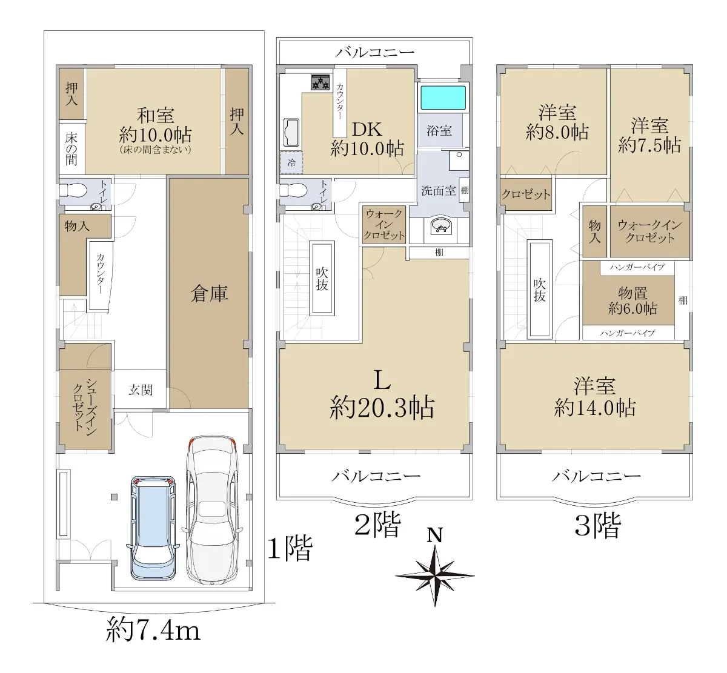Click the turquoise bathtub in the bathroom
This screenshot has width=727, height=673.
coord(443,98)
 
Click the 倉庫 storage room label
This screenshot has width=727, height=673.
coord(210,294)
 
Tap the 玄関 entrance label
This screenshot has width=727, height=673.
coord(141,390)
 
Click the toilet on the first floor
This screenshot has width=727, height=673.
coord(73,190)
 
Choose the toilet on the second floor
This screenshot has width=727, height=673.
coord(293,190)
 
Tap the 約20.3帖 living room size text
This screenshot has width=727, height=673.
coord(382,408)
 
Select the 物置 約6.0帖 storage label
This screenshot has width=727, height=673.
coord(632,300)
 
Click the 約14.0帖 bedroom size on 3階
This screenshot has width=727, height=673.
coord(595,408)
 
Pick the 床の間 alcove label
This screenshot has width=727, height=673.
coord(71,149)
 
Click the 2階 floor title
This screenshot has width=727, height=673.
coord(377,525)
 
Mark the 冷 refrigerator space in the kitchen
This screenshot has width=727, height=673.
coord(291,162)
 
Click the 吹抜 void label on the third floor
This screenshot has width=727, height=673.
coord(540,290)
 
